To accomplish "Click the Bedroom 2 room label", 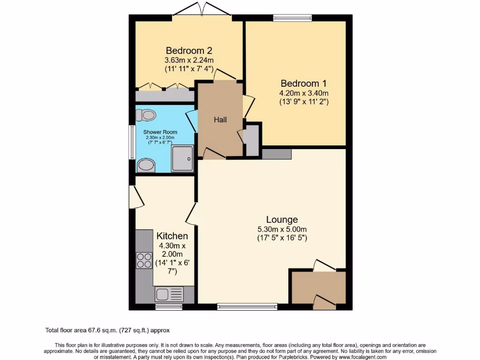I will click(189, 51).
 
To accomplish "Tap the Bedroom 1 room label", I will click(300, 83).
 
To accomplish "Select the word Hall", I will click(220, 120).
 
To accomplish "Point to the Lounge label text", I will click(282, 219).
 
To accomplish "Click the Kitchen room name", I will click(172, 236).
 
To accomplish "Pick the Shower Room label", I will click(160, 132).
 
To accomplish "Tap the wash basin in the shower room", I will click(146, 165).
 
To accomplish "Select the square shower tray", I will click(182, 158).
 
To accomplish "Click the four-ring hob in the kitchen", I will click(143, 261).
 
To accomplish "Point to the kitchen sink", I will click(163, 294).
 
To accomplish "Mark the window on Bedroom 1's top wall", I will click(292, 18).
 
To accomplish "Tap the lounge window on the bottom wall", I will click(247, 307).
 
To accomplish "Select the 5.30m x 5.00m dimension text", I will click(282, 229).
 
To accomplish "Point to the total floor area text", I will click(111, 330).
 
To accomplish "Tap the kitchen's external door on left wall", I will click(134, 195).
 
